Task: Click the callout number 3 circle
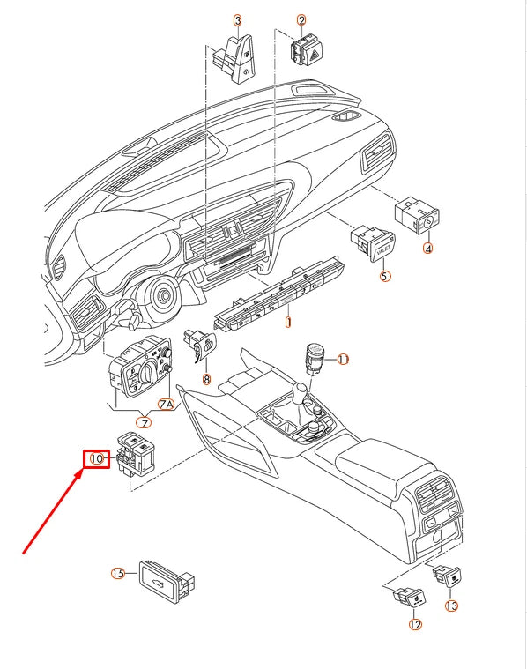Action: (x=238, y=19)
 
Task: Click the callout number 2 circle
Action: (x=301, y=19)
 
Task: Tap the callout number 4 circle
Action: (x=428, y=249)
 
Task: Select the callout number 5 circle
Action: (x=384, y=276)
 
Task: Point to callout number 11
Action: (x=343, y=359)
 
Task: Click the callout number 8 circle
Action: (x=207, y=380)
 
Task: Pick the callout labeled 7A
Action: (x=167, y=405)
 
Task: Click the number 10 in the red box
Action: (x=96, y=458)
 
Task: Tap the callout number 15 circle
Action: (x=118, y=573)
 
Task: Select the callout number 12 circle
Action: (x=414, y=625)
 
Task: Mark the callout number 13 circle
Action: (x=452, y=606)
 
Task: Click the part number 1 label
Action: (x=287, y=323)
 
